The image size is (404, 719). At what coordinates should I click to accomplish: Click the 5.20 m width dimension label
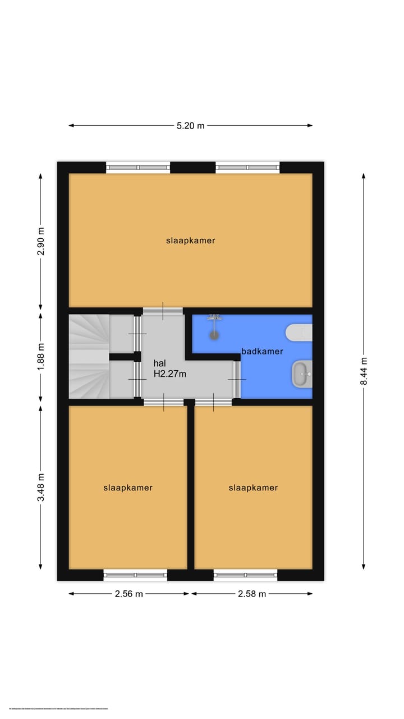click(x=190, y=126)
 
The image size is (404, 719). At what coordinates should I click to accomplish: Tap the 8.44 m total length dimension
click(x=364, y=371)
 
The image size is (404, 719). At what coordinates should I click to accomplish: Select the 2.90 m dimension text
click(x=40, y=242)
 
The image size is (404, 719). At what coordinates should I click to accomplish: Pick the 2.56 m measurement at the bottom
click(x=128, y=594)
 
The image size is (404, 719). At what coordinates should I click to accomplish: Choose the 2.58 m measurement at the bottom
click(x=251, y=594)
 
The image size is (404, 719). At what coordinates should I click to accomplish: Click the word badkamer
click(x=262, y=352)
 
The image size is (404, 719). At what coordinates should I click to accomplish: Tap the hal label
click(x=159, y=363)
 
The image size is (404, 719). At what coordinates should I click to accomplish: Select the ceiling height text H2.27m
click(x=169, y=374)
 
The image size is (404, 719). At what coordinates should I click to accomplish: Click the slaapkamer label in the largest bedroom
click(x=190, y=240)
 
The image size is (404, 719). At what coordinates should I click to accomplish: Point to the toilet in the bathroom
click(x=299, y=333)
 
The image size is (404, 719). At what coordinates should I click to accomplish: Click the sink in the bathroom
click(x=301, y=374)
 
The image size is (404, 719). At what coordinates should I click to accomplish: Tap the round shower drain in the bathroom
click(x=213, y=335)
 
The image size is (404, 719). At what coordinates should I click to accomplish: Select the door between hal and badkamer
click(x=237, y=380)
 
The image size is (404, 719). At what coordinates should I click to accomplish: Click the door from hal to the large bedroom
click(x=163, y=311)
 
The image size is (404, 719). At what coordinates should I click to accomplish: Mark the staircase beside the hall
click(x=88, y=357)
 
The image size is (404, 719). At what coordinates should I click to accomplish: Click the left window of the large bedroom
click(x=138, y=167)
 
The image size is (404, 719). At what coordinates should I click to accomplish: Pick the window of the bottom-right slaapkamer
click(x=245, y=575)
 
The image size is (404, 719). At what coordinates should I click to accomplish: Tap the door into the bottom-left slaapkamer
click(x=163, y=402)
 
